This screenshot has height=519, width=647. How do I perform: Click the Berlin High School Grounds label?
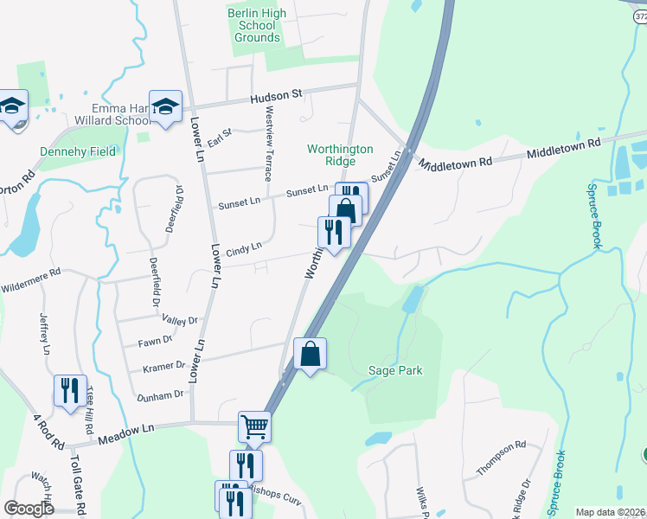point(257,25)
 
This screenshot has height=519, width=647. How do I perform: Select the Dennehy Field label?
point(78,151)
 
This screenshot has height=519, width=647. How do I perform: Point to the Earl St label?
point(221,137)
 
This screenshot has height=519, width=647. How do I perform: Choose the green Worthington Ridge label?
point(341,155)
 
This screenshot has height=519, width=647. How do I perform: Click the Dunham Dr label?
point(161,394)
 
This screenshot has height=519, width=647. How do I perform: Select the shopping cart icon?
point(254,426)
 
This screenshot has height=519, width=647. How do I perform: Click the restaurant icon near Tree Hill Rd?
point(70,389)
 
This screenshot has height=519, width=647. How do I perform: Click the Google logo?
point(29,509)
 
